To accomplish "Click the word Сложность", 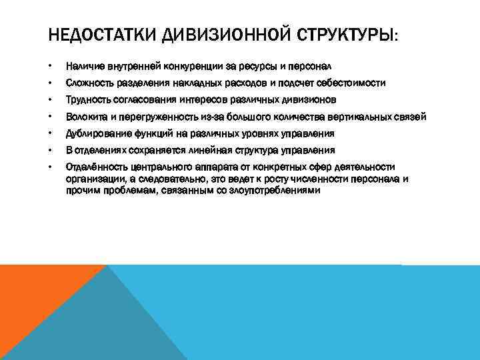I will [x=89, y=83].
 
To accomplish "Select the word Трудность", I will [x=88, y=100].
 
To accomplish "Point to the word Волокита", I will [x=86, y=117].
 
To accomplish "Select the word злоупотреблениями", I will [x=276, y=190].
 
